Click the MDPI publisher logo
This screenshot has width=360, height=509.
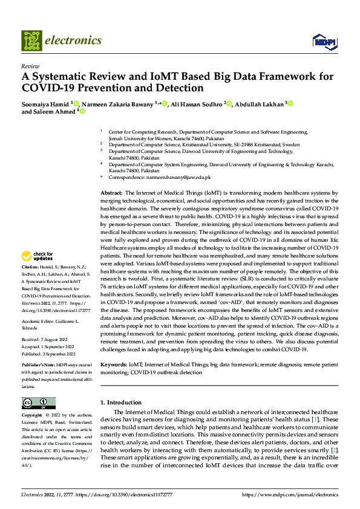326,41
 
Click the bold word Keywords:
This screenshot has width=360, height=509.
113,365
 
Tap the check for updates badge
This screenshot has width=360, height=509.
38,273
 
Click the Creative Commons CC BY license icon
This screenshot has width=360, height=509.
38,403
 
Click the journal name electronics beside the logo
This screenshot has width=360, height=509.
75,41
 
